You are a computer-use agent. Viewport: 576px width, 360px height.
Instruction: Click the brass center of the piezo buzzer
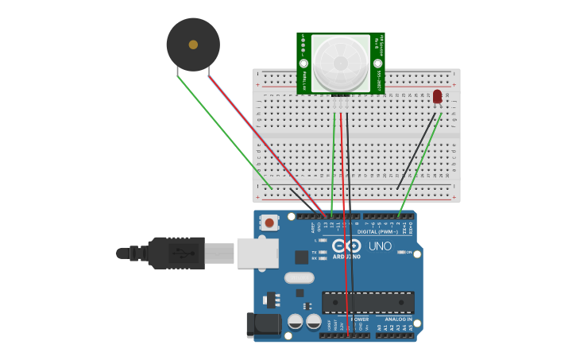coord(193,45)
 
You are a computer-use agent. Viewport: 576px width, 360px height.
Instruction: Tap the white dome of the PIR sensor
coord(340,63)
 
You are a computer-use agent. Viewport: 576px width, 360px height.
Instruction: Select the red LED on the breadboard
coord(437,96)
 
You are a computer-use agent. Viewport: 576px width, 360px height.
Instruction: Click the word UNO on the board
coord(380,246)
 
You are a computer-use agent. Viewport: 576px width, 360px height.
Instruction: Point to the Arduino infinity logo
coord(346,246)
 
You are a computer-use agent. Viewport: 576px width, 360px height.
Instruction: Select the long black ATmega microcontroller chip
coord(367,302)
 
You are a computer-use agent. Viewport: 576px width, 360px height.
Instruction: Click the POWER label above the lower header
coord(359,319)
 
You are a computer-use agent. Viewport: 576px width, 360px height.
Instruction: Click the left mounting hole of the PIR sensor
coord(303,64)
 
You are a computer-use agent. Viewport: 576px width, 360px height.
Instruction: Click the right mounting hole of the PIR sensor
coord(377,63)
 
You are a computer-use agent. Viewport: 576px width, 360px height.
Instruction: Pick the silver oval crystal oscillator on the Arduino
coord(299,278)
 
